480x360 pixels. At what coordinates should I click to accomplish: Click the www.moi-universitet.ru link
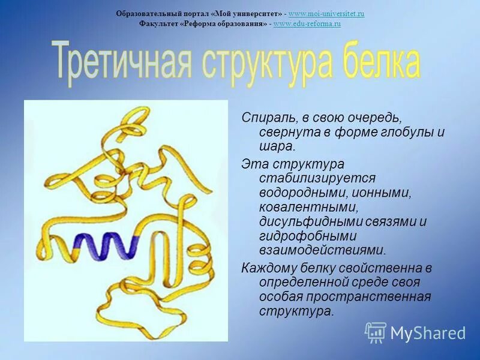click(326, 13)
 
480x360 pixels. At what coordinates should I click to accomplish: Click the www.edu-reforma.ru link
click(307, 23)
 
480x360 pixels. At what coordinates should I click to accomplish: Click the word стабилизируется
click(317, 178)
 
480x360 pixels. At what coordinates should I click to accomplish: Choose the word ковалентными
click(308, 207)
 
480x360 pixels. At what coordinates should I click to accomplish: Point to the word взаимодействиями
click(322, 250)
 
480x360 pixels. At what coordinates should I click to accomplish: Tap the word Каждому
click(270, 268)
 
